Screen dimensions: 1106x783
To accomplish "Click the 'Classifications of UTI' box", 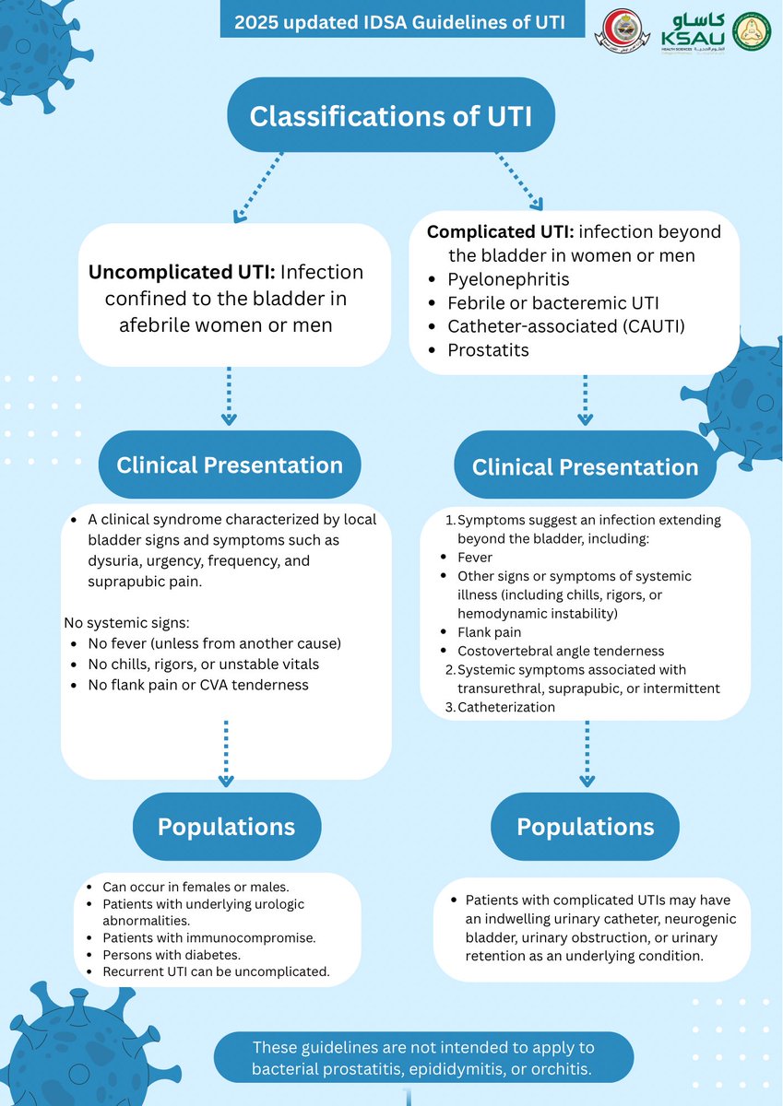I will point(390,116).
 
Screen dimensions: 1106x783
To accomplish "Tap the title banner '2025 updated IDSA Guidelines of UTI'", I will point(402,19).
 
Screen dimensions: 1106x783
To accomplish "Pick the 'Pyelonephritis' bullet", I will point(508,278).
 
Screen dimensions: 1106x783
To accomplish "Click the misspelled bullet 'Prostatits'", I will point(488,350).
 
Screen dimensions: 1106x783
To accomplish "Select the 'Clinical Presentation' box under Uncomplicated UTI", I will point(229,465).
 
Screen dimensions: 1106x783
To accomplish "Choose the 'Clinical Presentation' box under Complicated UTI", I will point(585,466).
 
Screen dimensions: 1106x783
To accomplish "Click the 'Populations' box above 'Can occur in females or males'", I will point(226,827).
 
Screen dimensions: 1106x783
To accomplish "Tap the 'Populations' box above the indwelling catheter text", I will point(585,827).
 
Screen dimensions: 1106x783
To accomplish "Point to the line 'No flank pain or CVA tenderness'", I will point(197,686).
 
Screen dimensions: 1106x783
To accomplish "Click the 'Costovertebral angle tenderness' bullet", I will point(561,651).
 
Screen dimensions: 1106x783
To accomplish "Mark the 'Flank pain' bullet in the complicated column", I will point(489,632).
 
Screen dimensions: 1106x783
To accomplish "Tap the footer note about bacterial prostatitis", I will point(423,1058).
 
